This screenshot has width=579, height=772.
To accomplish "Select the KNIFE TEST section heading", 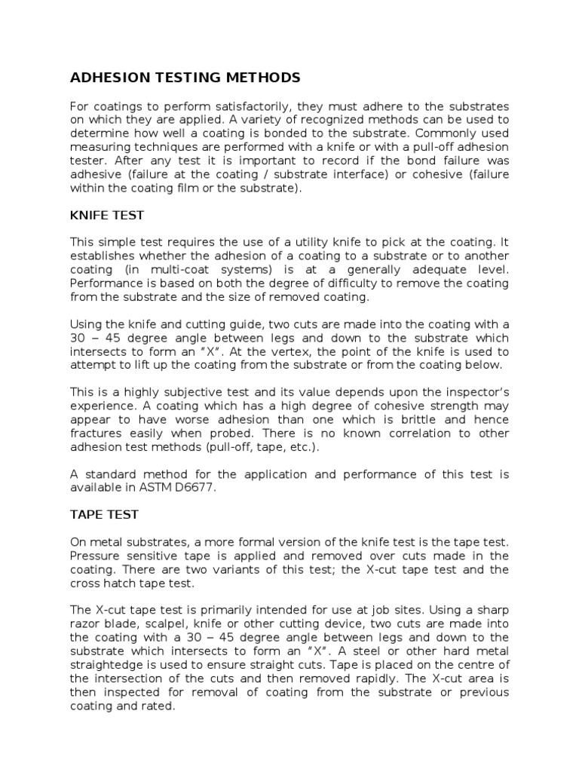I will [107, 216].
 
